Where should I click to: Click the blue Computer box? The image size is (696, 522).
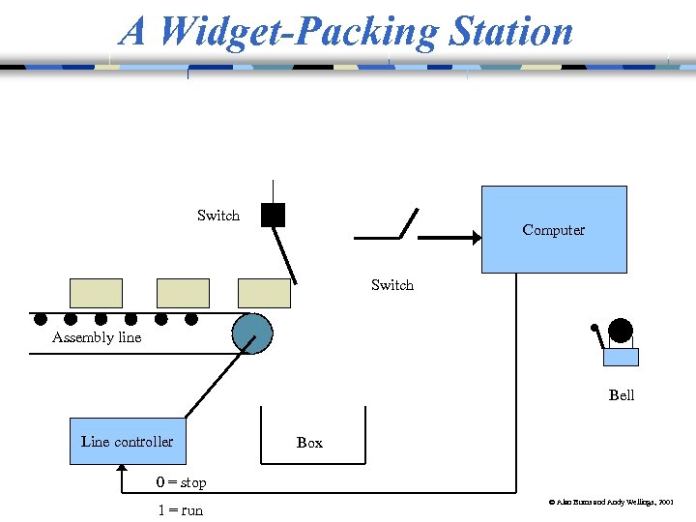click(554, 229)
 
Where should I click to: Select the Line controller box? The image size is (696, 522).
click(127, 442)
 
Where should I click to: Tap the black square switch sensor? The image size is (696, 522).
click(273, 215)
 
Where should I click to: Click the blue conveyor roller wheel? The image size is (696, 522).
click(253, 333)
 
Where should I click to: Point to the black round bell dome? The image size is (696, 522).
click(620, 331)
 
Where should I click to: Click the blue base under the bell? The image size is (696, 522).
click(621, 357)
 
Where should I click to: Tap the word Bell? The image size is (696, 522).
click(622, 395)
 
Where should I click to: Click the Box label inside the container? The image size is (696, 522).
click(309, 443)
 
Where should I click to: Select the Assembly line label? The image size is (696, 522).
click(97, 337)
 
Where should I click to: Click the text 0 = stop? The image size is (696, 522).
click(182, 482)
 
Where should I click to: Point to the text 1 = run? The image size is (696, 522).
click(181, 510)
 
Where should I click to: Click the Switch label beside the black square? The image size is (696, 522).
click(218, 216)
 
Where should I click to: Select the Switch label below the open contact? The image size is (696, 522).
click(392, 285)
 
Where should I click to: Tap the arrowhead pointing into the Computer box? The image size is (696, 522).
click(475, 238)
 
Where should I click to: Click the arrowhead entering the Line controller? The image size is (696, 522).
click(120, 470)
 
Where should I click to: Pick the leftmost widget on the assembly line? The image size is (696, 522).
click(96, 293)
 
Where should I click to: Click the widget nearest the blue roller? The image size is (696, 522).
click(264, 293)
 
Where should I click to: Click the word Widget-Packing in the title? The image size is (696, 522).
click(296, 31)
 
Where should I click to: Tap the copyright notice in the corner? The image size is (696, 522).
click(612, 504)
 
